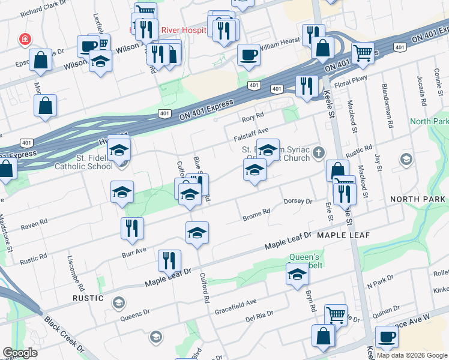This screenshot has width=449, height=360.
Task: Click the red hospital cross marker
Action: tap(25, 40)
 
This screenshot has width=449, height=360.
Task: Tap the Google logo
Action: tap(20, 353)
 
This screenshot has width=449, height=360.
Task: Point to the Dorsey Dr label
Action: tap(298, 202)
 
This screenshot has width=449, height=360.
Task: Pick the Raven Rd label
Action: tap(34, 223)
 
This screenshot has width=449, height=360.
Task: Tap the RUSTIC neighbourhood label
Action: tap(89, 298)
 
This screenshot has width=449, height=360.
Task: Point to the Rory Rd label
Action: tap(253, 115)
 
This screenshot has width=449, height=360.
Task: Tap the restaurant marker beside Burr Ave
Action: tap(132, 228)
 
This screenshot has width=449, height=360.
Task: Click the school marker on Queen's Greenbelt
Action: tap(297, 274)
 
